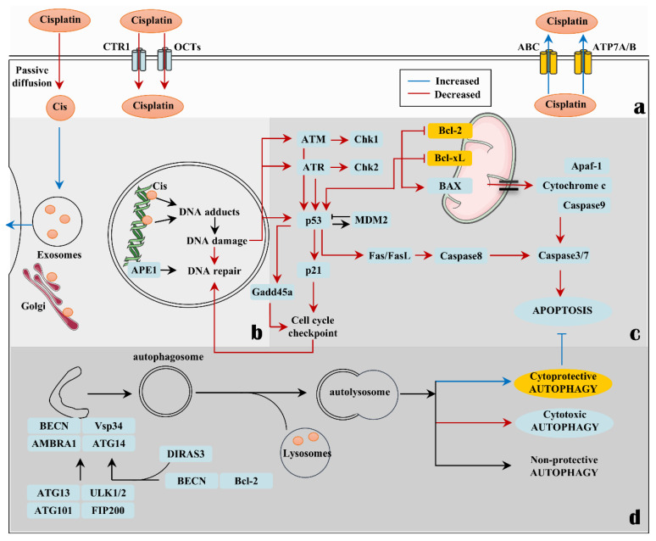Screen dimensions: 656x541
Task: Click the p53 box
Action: (313, 220)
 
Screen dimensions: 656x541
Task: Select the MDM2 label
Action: (371, 220)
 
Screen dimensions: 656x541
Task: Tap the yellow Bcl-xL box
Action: (449, 158)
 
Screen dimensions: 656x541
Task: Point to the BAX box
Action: (450, 186)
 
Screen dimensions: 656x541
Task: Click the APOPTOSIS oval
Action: (562, 310)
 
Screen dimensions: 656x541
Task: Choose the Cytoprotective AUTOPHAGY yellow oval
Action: (563, 382)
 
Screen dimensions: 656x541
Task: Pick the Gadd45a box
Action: (272, 292)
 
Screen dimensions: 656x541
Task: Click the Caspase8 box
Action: (460, 255)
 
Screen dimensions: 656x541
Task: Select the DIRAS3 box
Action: (186, 454)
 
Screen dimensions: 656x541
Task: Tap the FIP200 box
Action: (108, 510)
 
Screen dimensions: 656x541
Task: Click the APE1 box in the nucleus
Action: (144, 270)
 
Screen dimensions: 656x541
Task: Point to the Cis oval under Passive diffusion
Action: (60, 107)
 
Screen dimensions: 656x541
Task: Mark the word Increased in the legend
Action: (458, 81)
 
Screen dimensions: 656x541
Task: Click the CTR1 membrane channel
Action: (139, 59)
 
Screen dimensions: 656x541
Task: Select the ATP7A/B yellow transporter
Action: (582, 63)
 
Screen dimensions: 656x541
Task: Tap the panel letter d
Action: (635, 516)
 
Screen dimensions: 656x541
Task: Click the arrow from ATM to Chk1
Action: (339, 139)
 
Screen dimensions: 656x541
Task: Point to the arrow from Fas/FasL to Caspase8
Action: (424, 255)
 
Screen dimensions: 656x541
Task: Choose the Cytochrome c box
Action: (574, 186)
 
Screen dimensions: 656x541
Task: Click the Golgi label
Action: (33, 306)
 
